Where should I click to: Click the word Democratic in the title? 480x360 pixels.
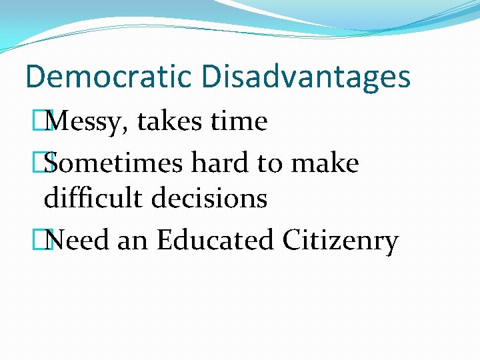109,77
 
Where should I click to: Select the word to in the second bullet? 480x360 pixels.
273,164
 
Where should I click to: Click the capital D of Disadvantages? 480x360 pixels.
212,77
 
